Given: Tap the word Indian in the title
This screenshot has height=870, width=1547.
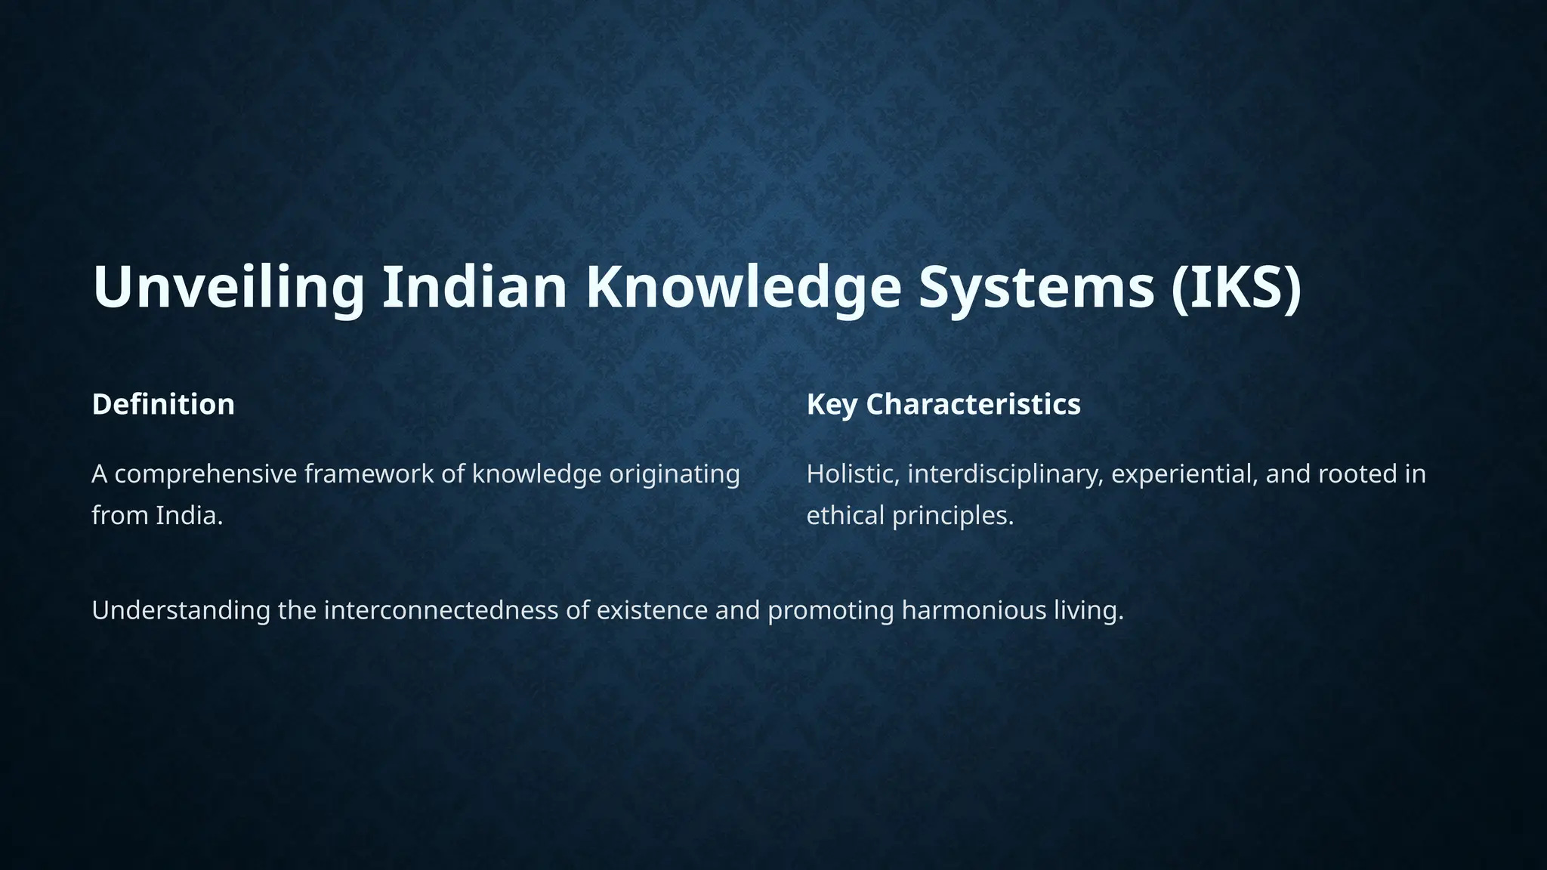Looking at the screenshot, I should pos(474,287).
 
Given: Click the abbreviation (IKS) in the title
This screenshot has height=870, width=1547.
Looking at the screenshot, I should pos(1237,287).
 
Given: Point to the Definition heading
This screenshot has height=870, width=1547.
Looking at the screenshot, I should pos(163,404).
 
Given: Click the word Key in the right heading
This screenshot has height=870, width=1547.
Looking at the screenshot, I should pos(832,404).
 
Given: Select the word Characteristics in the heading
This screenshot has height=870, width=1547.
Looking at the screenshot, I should pos(973,404).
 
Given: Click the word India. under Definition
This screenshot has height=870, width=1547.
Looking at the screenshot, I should pos(190,516).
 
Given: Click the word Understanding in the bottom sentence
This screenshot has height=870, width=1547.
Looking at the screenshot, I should pos(181,610).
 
